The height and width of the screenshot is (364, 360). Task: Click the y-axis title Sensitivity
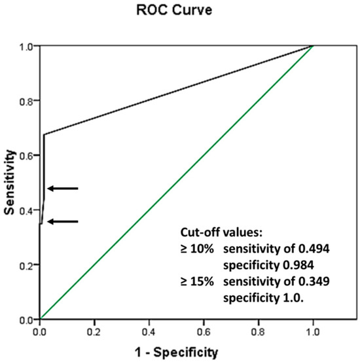point(9,181)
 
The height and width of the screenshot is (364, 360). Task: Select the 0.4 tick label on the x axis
point(149,332)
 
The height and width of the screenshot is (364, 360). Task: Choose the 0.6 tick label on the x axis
point(204,332)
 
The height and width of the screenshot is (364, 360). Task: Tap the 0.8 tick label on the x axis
point(259,332)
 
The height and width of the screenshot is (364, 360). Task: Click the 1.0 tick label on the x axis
point(313,332)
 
